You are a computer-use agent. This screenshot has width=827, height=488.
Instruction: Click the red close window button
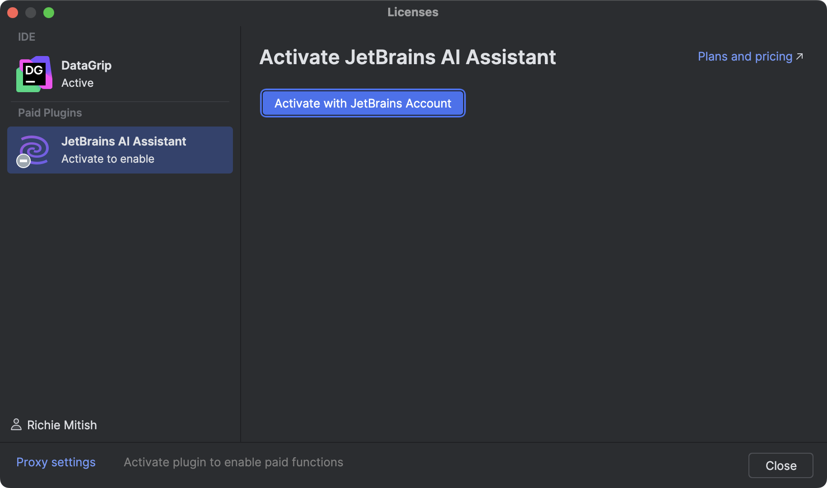tap(13, 13)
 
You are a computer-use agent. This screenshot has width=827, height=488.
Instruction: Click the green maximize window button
tap(49, 13)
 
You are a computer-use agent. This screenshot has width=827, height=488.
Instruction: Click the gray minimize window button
tap(31, 13)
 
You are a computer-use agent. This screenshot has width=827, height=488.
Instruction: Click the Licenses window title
tap(413, 12)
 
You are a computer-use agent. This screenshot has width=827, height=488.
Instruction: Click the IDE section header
tap(27, 37)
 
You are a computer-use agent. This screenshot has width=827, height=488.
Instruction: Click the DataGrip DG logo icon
tap(34, 74)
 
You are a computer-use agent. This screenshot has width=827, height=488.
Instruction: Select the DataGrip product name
tap(86, 66)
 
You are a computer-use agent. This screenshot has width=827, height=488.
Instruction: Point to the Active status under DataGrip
tap(77, 83)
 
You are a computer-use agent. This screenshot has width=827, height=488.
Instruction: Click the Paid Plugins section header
tap(50, 113)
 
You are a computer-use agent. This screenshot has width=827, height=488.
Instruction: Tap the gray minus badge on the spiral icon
tap(23, 161)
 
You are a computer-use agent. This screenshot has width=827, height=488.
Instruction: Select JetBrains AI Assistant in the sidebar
tap(123, 141)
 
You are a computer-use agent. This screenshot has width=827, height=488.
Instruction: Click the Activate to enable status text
tap(108, 159)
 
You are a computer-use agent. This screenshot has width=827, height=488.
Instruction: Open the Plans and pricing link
tap(745, 56)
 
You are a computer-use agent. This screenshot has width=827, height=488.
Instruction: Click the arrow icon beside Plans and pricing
tap(799, 56)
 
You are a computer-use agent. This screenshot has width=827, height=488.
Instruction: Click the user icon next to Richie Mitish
tap(16, 425)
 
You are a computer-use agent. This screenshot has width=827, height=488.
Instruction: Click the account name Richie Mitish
tap(62, 425)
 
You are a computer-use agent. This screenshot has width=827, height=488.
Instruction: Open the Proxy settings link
tap(56, 462)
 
